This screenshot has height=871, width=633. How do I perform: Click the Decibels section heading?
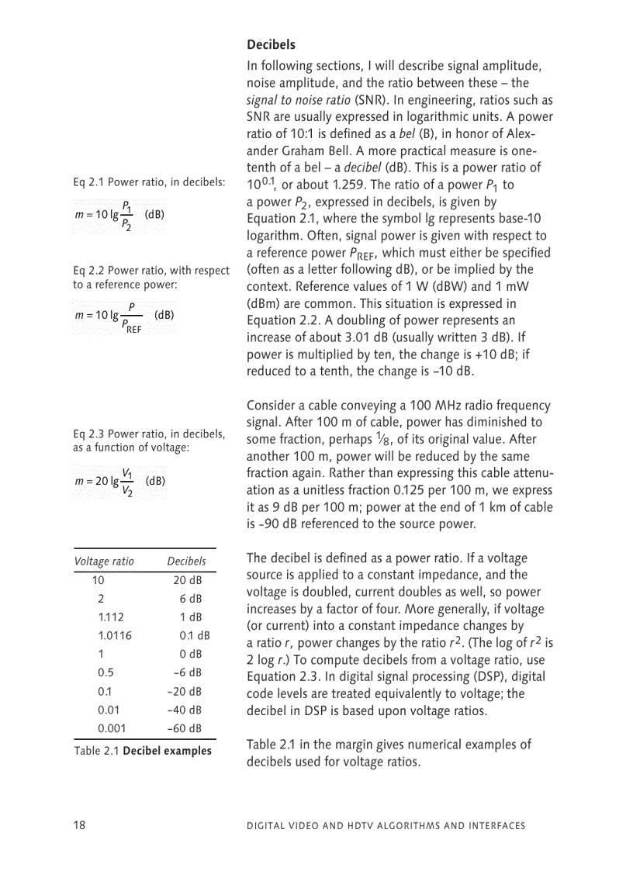271,45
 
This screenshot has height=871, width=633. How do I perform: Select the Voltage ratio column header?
104,561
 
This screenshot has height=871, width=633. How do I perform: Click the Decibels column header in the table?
186,561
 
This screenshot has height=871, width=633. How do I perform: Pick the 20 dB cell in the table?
187,580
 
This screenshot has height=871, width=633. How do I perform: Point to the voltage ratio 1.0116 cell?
115,635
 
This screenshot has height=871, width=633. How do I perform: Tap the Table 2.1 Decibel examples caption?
143,751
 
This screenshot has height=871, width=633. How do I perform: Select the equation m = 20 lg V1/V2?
119,481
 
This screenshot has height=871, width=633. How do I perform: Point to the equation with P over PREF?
123,316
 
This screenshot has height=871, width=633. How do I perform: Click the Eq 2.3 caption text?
149,441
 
